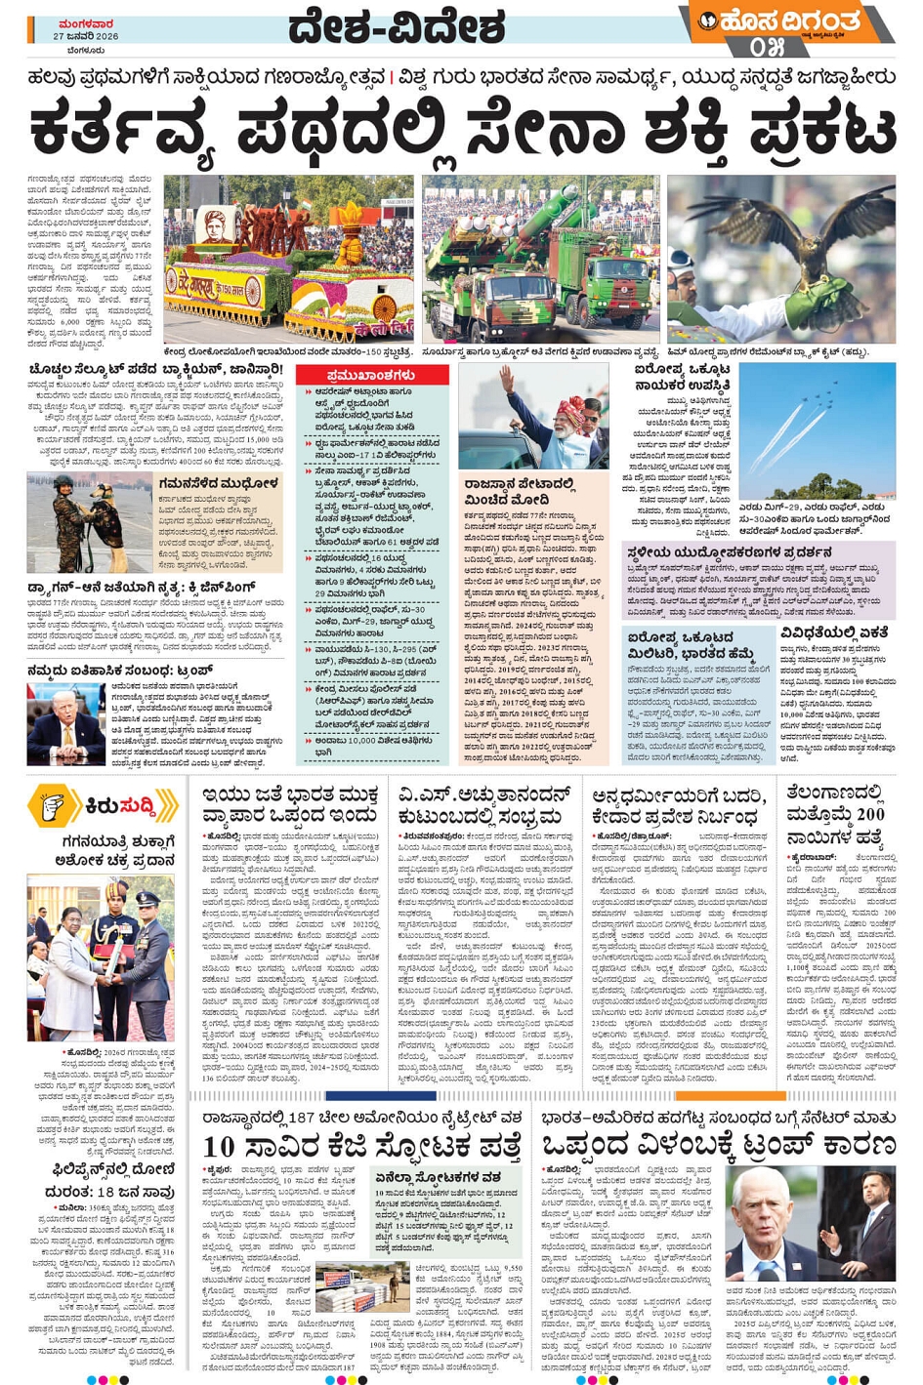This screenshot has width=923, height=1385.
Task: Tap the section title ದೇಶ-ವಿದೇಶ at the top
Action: [x=396, y=27]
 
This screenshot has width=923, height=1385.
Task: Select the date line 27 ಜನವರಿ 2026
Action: [x=86, y=36]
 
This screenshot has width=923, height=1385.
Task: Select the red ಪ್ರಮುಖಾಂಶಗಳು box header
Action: [x=372, y=375]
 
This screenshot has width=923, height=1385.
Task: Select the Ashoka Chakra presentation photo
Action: [x=102, y=957]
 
